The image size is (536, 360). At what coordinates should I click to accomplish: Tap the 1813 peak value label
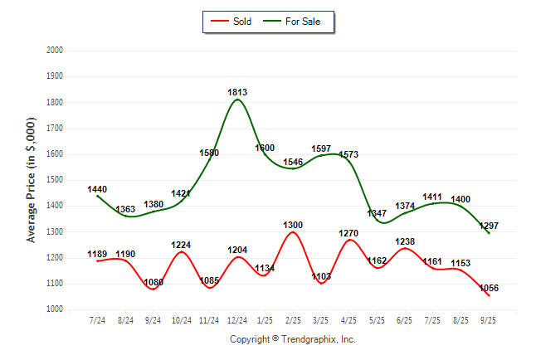[x=237, y=92]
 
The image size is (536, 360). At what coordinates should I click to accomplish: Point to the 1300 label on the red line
[x=293, y=225]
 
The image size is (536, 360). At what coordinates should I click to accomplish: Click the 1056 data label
[x=489, y=288]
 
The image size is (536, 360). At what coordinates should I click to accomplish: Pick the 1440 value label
[x=97, y=189]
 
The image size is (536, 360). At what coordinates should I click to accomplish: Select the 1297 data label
[x=489, y=226]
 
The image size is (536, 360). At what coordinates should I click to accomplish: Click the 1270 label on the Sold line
[x=349, y=233]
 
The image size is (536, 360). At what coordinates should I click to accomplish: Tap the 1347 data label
[x=378, y=213]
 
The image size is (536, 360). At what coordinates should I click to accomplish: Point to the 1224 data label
[x=181, y=245]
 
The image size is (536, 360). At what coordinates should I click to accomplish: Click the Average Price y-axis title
[x=32, y=179]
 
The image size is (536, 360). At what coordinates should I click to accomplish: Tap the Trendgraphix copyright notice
[x=292, y=340]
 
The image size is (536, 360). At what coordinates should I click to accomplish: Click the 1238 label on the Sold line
[x=405, y=241]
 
